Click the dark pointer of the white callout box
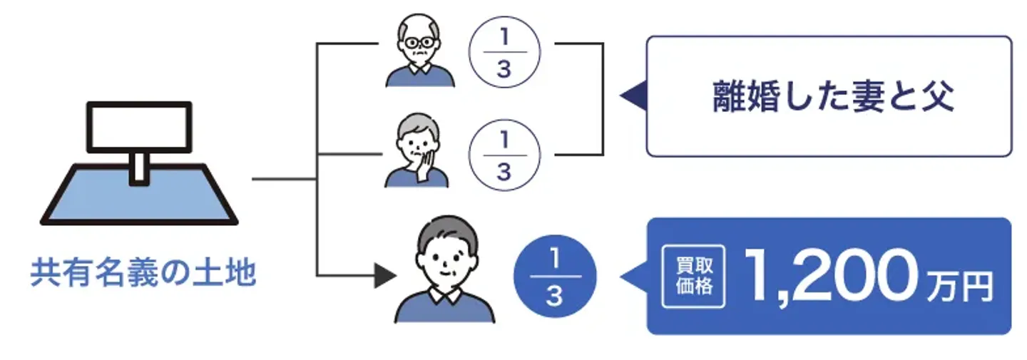coord(633,96)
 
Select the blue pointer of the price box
coord(634,275)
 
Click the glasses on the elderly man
coord(418,42)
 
